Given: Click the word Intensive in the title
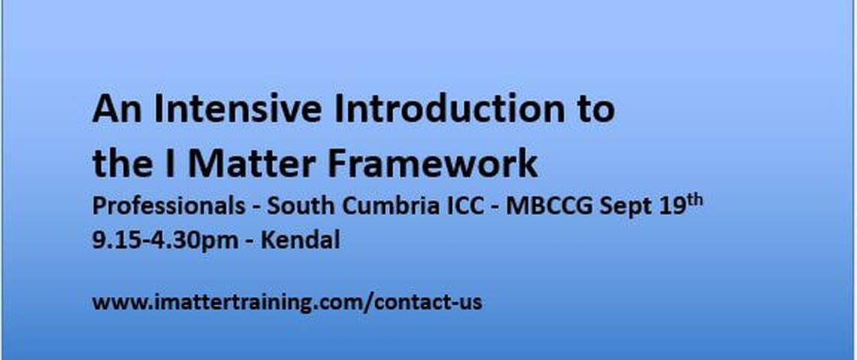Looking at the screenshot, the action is [x=238, y=109].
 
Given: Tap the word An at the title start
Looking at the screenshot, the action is [x=117, y=109].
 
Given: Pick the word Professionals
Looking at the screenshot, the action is [x=169, y=207].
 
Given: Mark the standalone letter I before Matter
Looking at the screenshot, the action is [x=170, y=165].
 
